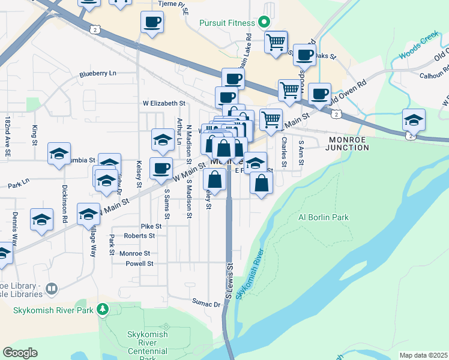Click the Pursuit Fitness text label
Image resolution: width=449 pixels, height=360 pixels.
click(228, 23)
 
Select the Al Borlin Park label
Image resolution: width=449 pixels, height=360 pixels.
click(324, 217)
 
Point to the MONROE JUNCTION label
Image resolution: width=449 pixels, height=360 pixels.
click(348, 143)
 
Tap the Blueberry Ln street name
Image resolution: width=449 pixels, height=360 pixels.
click(98, 74)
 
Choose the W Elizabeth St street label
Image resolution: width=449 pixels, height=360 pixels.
click(164, 103)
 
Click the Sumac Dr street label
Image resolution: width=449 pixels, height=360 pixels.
click(206, 304)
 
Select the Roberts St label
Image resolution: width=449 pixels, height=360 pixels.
click(139, 236)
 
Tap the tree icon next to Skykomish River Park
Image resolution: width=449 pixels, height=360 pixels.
click(103, 310)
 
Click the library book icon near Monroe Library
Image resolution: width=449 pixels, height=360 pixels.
click(52, 289)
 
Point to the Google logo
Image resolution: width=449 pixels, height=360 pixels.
click(20, 353)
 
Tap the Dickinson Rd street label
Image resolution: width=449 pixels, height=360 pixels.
click(64, 203)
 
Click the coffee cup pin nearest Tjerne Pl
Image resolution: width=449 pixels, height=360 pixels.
click(151, 23)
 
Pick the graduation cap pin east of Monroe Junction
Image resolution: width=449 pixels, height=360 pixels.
click(414, 120)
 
